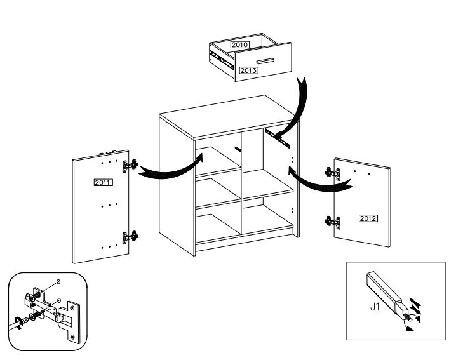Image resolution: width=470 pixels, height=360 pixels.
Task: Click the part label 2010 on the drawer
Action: click(239, 45)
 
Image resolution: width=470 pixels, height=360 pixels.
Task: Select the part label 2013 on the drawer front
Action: click(248, 70)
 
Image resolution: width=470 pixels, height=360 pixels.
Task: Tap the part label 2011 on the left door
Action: click(103, 183)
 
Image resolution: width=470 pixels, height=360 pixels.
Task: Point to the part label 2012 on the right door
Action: click(368, 218)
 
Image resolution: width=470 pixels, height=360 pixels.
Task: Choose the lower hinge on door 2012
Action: click(332, 222)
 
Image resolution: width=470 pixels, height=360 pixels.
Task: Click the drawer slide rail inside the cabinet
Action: click(274, 135)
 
